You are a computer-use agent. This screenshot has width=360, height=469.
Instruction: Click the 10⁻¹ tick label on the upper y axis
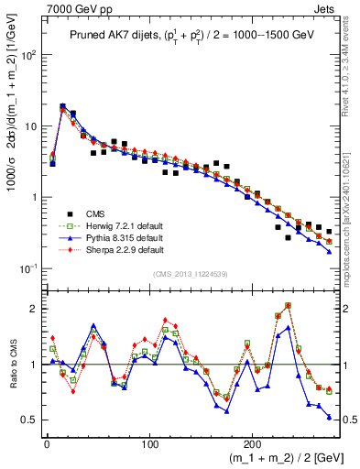(29, 268)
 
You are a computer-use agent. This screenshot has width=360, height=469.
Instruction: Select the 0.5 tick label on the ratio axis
(29, 420)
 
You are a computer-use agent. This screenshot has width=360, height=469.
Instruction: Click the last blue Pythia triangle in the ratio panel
(329, 417)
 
